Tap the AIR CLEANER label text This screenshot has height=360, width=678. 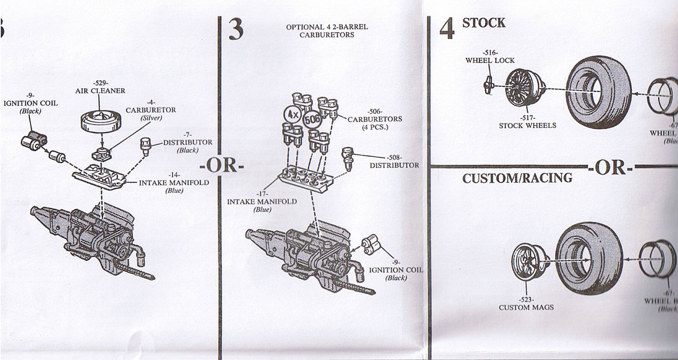point(100,91)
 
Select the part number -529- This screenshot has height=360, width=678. point(100,83)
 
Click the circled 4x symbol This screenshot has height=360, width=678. point(292,115)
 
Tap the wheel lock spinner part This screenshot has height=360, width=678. point(488,86)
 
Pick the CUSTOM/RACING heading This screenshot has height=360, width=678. point(517,178)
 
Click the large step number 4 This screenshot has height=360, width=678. point(447,29)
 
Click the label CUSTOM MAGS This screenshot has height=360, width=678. point(526,307)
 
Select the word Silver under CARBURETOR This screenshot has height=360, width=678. point(151,118)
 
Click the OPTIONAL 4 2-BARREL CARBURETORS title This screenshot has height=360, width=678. point(327,31)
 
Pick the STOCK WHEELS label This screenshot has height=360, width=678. point(527,125)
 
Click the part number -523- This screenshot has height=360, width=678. point(526,299)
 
